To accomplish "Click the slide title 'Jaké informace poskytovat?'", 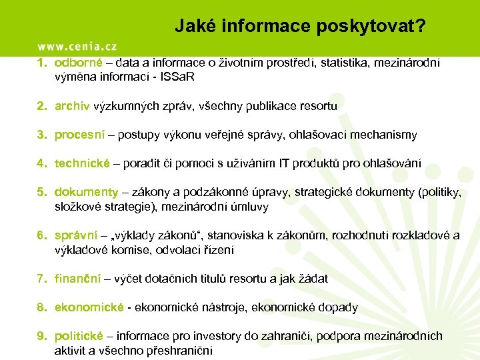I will coord(301,26).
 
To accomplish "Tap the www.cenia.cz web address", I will coord(77,46).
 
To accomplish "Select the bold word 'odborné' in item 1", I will coord(78,63).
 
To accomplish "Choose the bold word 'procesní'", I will coord(79,135).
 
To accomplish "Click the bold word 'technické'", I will coord(82,164).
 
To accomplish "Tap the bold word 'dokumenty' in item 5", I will coord(86,193).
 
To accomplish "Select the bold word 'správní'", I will coord(76,235).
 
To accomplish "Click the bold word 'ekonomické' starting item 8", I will coord(89,307).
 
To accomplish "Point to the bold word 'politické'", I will coord(79,336).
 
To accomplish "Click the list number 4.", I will coord(41,164).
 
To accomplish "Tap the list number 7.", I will coord(41,279).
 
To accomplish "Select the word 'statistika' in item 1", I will coord(346,63).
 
